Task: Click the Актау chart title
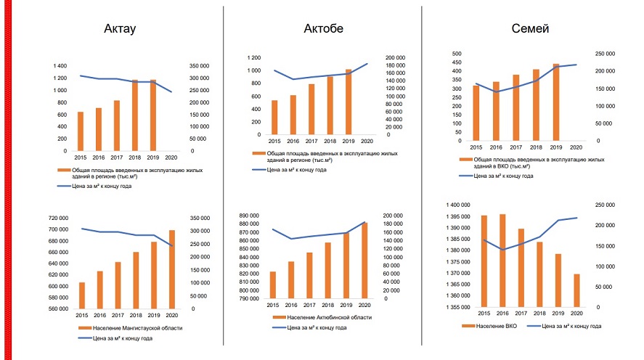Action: coord(121,30)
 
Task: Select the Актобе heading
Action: coord(323,29)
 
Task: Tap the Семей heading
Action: coord(530,29)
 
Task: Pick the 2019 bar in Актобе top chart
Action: coord(348,102)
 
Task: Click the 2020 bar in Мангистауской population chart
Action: coord(172,269)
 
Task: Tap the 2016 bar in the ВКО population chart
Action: coord(502,261)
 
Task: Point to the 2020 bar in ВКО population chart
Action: coord(576,290)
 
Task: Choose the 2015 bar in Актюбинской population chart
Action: coord(273,285)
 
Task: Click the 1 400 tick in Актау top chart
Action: coord(60,66)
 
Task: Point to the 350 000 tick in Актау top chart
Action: coord(200,66)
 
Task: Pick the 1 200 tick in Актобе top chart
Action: coord(254,57)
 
